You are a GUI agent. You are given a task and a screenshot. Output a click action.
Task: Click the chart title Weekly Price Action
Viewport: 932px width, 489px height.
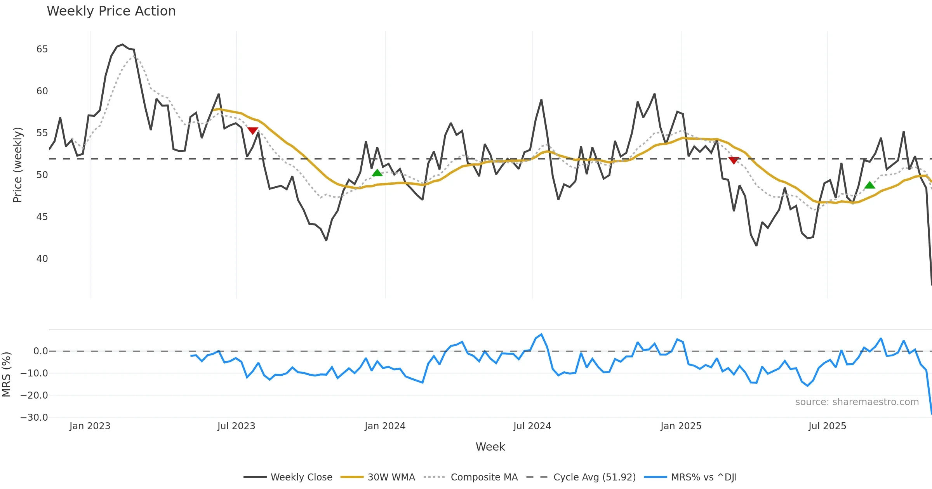click(x=111, y=11)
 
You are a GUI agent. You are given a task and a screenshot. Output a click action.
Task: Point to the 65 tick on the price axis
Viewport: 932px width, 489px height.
click(x=42, y=49)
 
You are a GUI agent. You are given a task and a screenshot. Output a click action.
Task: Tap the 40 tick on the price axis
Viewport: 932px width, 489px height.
click(x=42, y=259)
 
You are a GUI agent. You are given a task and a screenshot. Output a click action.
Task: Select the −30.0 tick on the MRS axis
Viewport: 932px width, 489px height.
click(x=34, y=418)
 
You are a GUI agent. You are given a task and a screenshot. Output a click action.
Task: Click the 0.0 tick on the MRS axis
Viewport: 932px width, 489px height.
click(x=40, y=351)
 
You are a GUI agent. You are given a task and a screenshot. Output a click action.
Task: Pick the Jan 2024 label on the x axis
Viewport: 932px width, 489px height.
click(x=385, y=426)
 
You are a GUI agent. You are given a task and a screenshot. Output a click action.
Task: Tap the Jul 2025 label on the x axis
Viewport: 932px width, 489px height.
click(x=827, y=426)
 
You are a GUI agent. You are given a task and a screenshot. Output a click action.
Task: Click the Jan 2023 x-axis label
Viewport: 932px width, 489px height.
click(x=90, y=426)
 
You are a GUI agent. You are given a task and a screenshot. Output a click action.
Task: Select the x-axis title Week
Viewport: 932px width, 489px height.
click(x=490, y=447)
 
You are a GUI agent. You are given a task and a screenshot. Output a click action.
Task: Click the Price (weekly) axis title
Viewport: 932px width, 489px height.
click(x=17, y=165)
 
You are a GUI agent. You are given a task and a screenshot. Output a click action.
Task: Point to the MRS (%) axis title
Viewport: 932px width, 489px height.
click(x=6, y=375)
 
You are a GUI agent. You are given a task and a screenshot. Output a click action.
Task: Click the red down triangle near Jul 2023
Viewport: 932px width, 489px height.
click(x=253, y=131)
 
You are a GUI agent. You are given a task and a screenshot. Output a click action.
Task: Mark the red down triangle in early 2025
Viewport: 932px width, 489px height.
click(x=734, y=160)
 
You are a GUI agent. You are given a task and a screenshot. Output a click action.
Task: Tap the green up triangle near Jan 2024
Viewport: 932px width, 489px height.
click(x=377, y=173)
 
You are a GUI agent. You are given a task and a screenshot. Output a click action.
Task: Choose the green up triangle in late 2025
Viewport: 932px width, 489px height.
click(x=870, y=185)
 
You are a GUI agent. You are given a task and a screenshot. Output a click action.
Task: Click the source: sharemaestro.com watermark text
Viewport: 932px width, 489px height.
click(x=857, y=402)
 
